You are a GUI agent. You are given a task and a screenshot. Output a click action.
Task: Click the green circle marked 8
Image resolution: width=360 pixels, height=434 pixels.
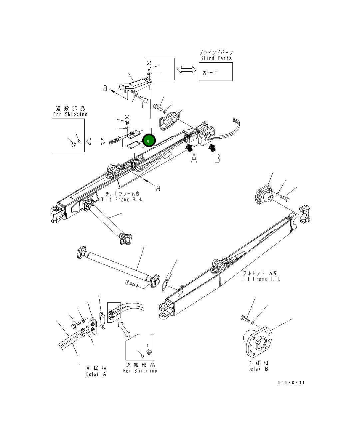tap(149, 141)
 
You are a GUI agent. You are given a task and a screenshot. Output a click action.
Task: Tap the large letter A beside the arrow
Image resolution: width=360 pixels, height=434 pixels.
tap(194, 159)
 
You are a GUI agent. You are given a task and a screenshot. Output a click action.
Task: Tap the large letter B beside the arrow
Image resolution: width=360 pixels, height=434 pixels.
tap(217, 159)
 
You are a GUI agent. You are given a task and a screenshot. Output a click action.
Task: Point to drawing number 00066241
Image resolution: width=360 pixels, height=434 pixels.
tap(291, 383)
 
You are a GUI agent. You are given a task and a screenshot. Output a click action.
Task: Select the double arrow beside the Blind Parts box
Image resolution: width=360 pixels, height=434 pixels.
tap(186, 70)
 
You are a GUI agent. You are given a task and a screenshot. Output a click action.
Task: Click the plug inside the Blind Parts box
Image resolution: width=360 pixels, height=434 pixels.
tap(205, 73)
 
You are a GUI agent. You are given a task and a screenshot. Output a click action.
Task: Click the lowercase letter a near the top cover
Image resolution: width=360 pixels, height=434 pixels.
tap(105, 88)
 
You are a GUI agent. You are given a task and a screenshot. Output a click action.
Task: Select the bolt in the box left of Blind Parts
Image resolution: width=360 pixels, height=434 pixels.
tap(149, 65)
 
